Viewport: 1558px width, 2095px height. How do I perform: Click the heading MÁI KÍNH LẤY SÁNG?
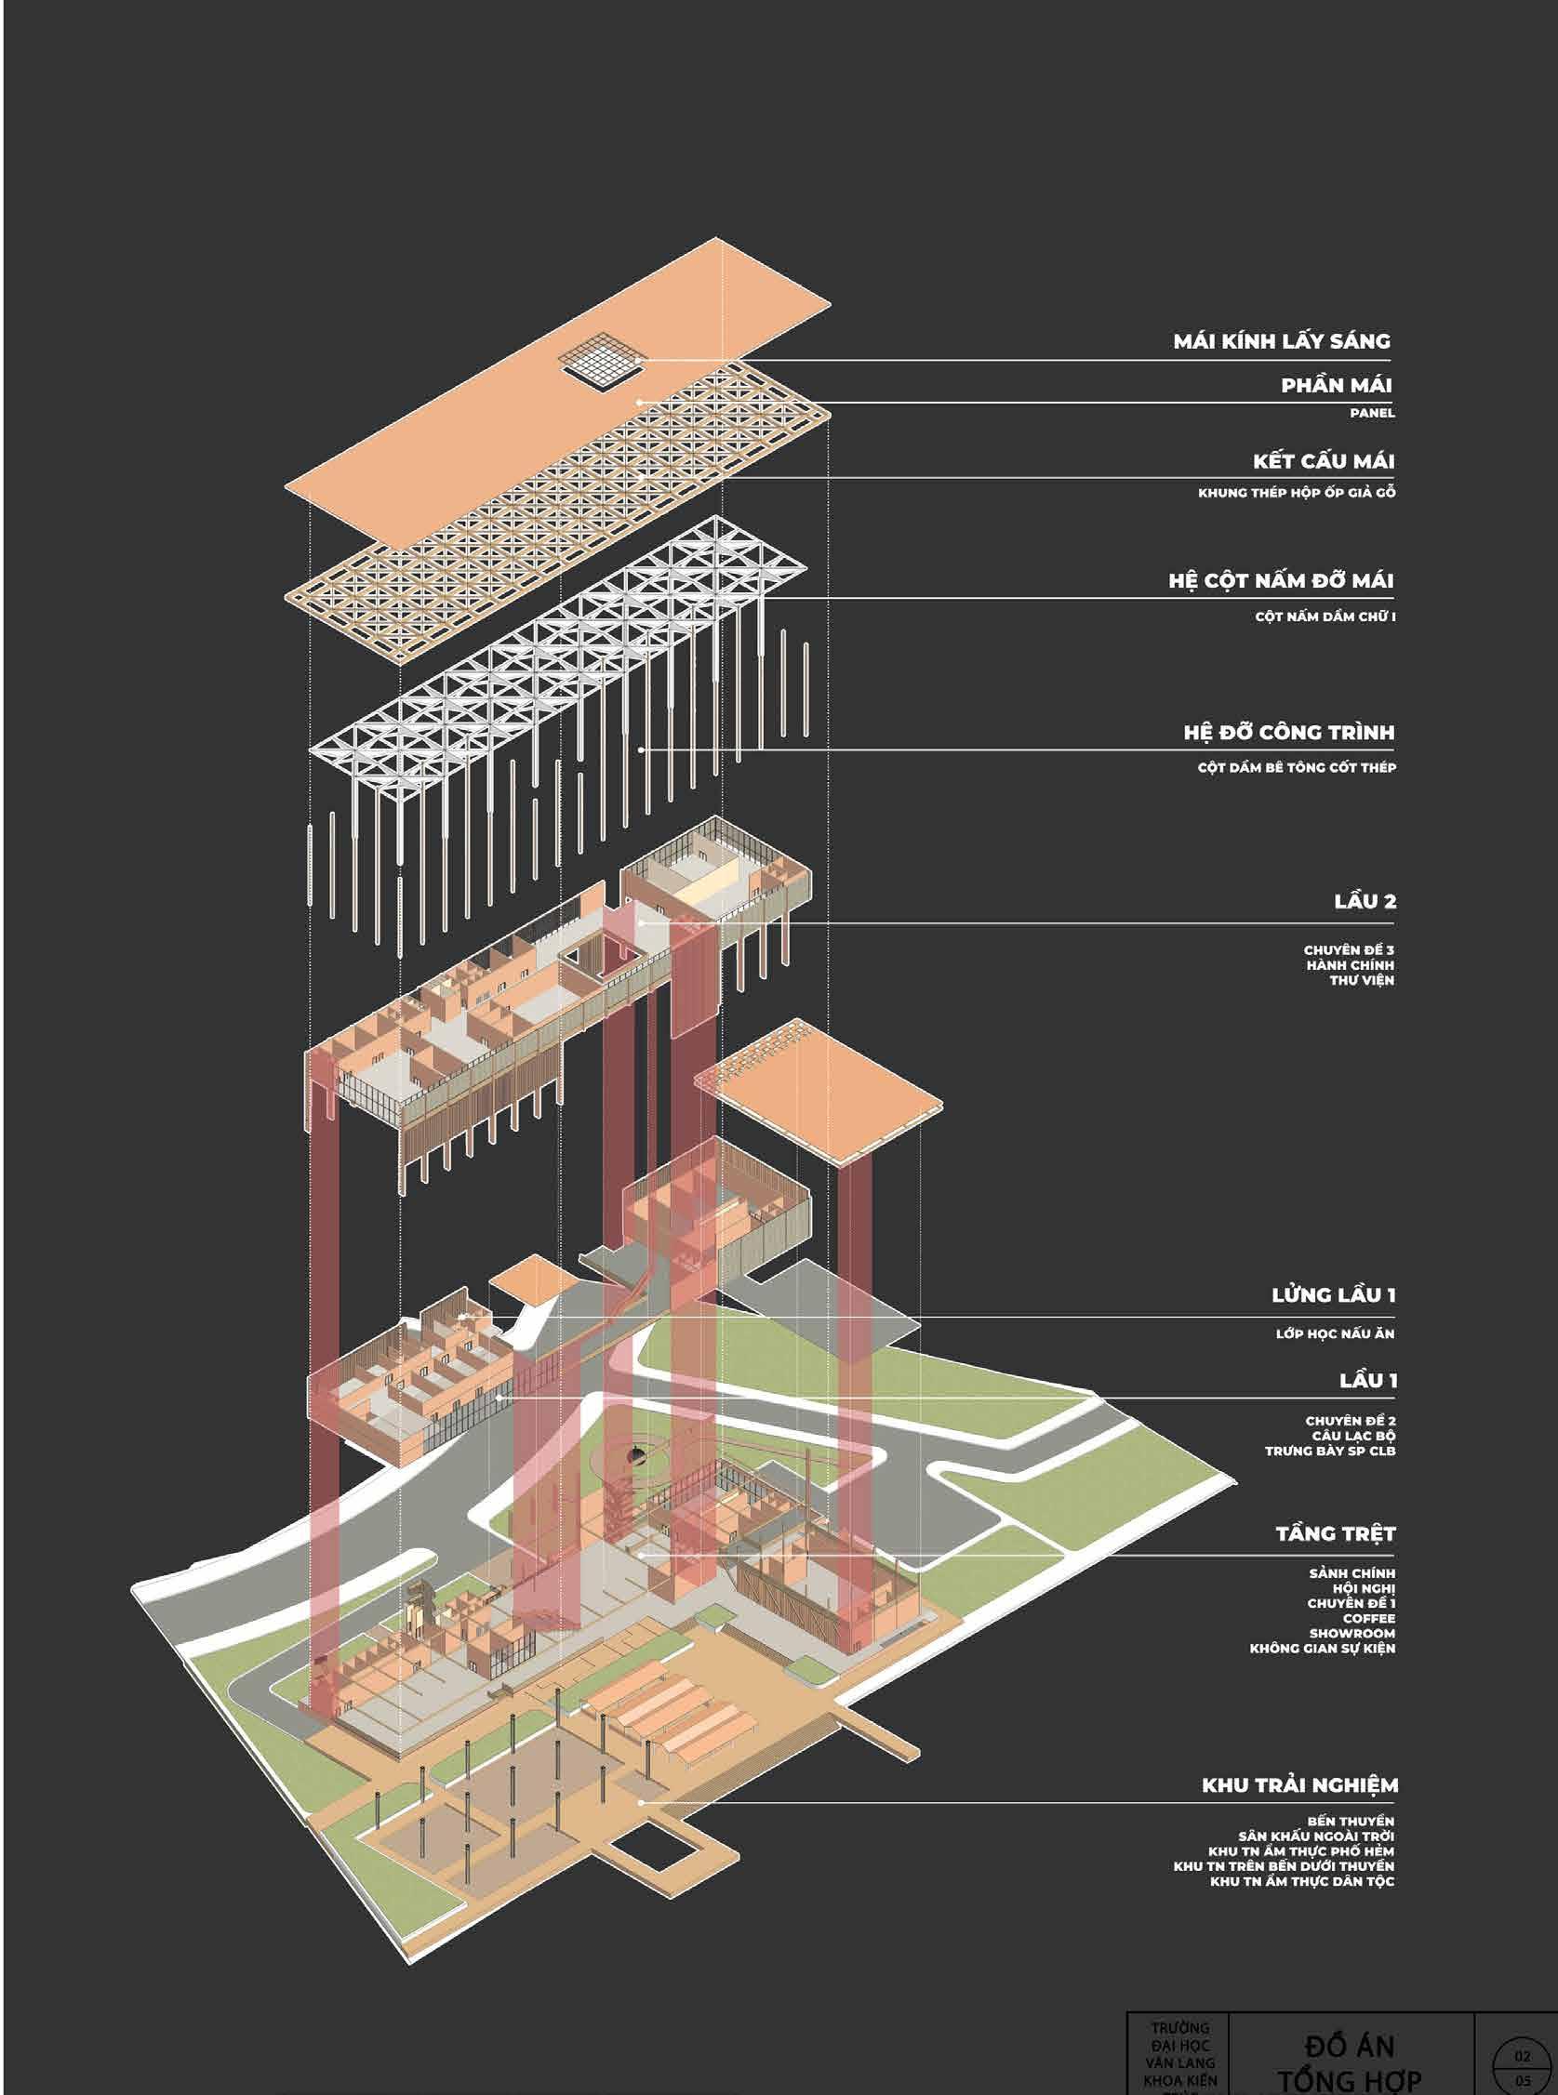1281,341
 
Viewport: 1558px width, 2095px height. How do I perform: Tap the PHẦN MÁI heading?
1336,385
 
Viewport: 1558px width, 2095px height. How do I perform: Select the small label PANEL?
1371,413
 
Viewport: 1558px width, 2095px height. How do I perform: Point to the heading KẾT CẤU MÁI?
1324,461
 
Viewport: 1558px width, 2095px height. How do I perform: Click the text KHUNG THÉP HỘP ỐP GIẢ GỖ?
1296,492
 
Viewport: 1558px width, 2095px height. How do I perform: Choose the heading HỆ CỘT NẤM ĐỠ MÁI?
1280,581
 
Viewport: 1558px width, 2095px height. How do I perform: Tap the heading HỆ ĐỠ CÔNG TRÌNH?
1288,733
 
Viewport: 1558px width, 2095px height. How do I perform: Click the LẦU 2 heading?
1364,901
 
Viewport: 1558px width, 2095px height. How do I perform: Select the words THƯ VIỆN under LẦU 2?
1362,981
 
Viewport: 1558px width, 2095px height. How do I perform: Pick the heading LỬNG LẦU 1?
1333,1294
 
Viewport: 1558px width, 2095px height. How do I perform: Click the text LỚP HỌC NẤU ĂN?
1335,1333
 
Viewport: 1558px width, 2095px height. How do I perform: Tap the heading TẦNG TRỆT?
1335,1534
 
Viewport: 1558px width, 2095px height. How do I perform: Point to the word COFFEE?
1368,1618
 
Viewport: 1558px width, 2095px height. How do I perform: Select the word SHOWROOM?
1352,1633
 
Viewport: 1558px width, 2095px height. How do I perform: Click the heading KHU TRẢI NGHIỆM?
1298,1784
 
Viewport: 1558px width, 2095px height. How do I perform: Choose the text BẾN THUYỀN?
1350,1821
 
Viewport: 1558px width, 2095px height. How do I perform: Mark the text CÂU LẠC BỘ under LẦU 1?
1352,1435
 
